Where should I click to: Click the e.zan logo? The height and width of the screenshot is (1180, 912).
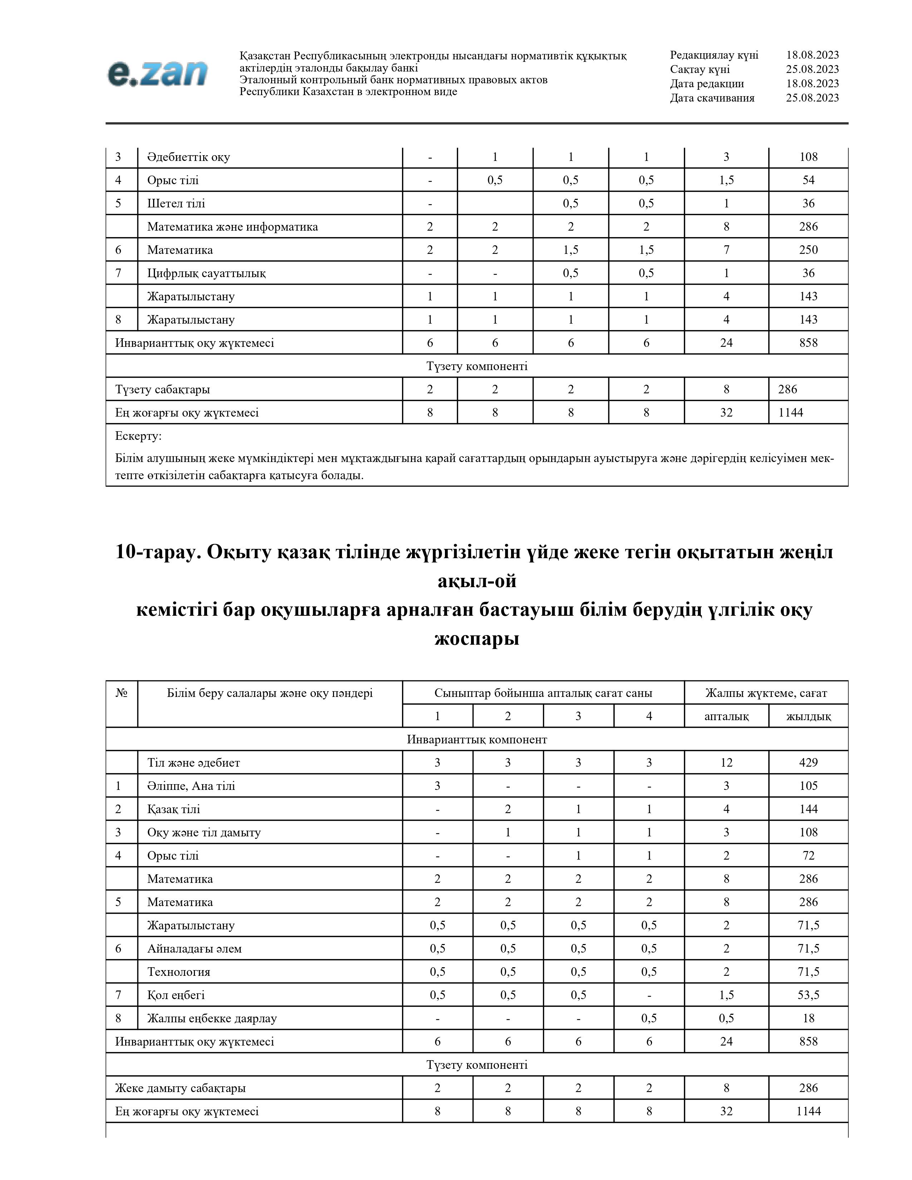[x=157, y=73]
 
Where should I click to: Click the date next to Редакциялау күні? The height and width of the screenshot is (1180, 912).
[x=812, y=55]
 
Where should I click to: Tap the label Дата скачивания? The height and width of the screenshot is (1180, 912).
[x=712, y=98]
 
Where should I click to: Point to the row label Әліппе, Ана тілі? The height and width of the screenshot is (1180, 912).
[x=191, y=786]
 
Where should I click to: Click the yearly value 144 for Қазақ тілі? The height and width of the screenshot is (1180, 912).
[x=808, y=809]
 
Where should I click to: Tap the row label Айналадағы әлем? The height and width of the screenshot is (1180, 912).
[x=195, y=949]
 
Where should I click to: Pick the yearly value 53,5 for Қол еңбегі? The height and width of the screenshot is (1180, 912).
[x=808, y=995]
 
